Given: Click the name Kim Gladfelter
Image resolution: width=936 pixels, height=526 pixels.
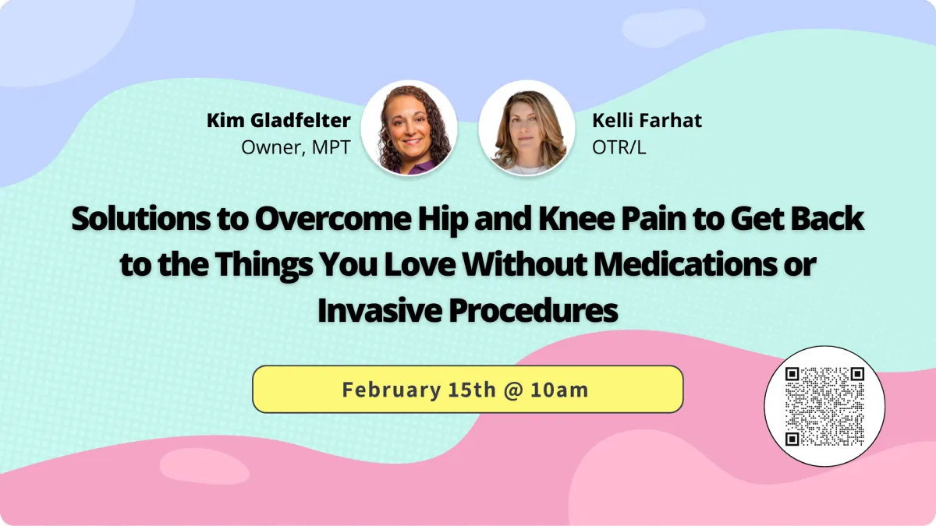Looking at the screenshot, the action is tap(278, 121).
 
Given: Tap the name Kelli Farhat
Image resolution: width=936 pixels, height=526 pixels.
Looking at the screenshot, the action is tap(647, 121).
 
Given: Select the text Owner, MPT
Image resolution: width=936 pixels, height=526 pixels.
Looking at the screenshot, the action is tap(296, 147).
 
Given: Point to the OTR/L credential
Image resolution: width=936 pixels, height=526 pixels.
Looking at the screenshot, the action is tap(619, 147).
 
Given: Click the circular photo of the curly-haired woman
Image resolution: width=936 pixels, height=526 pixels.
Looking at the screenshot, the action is tap(409, 128).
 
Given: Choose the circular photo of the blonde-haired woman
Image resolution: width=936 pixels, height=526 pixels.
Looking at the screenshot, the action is tap(526, 128).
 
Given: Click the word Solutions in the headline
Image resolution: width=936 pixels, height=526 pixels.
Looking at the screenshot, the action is tap(141, 219).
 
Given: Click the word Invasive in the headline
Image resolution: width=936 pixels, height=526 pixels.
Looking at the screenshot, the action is tap(379, 311).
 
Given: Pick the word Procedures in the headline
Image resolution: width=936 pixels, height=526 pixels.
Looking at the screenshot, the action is tap(534, 311).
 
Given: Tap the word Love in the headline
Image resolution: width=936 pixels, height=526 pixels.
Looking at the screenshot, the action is tap(419, 265).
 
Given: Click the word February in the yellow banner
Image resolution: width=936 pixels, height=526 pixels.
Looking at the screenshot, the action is tap(392, 390).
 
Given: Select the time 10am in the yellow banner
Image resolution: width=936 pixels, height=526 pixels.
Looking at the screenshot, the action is tap(559, 390).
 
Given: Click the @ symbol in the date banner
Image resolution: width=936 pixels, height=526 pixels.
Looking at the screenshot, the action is tap(513, 390).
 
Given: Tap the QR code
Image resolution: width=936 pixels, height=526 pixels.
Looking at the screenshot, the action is tap(824, 406).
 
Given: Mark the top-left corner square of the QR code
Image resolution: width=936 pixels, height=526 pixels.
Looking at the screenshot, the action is tap(792, 374).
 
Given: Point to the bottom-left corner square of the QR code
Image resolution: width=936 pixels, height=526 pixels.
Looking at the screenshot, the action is tap(792, 439).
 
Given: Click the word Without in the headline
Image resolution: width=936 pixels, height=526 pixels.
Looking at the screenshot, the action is tap(524, 265).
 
